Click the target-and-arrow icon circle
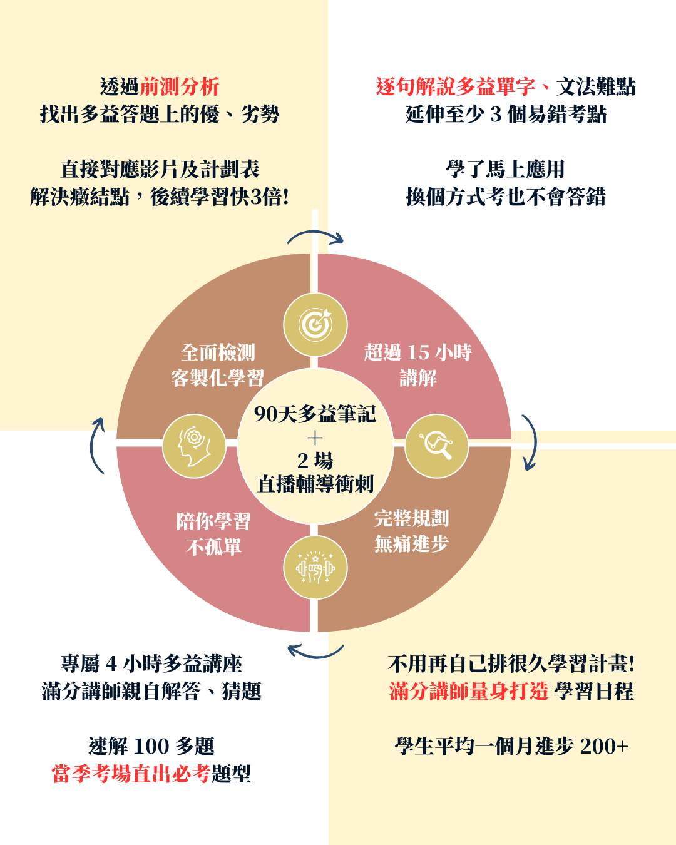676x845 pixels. (x=315, y=325)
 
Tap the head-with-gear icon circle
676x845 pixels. (x=194, y=446)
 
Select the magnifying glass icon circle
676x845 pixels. (x=436, y=446)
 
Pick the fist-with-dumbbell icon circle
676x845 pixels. (x=315, y=568)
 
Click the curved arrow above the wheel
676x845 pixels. (x=315, y=237)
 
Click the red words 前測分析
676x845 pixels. (x=180, y=86)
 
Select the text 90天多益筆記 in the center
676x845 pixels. (x=315, y=414)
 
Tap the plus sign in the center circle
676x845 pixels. (x=315, y=438)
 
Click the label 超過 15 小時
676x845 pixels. (x=417, y=352)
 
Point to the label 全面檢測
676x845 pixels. (x=218, y=352)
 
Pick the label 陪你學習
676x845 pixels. (x=213, y=521)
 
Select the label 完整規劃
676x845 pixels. (x=411, y=518)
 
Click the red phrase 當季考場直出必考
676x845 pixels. (x=131, y=774)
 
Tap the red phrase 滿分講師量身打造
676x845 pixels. (x=469, y=691)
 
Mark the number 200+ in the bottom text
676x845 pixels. (x=604, y=746)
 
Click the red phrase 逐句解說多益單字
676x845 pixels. (x=456, y=86)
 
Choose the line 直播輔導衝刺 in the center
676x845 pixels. (x=315, y=484)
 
